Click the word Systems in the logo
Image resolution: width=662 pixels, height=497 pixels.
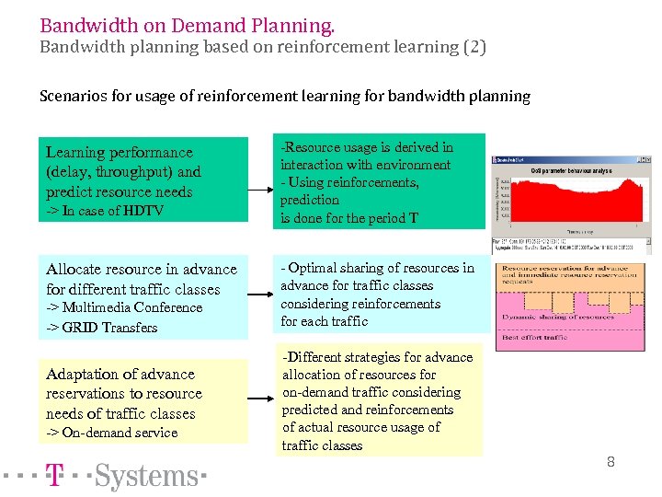147,476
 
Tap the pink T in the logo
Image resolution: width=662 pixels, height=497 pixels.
55,476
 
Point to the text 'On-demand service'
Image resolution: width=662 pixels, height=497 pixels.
120,433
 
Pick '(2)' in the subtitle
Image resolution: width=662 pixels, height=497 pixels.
474,46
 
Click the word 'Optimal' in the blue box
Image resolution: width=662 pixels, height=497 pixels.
313,268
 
